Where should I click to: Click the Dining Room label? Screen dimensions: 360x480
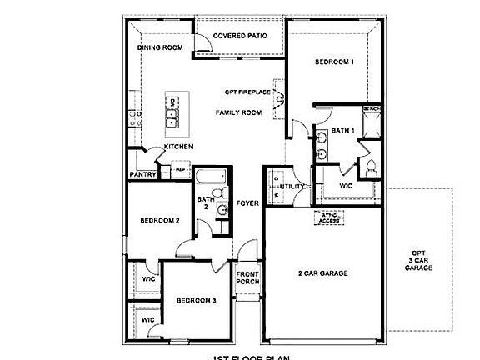[x=160, y=47]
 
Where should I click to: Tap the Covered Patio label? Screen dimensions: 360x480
[x=240, y=36]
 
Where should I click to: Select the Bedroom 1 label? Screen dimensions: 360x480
[x=334, y=62]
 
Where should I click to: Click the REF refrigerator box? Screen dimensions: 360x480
[x=179, y=169]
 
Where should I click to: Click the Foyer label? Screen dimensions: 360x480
[x=246, y=202]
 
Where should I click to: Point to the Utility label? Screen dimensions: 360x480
[x=291, y=187]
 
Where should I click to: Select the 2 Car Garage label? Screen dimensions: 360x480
[x=322, y=272]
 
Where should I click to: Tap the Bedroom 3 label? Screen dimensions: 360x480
[x=196, y=300]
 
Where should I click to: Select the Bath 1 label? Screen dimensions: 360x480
[x=342, y=130]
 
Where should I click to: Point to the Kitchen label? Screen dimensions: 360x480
[x=178, y=147]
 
